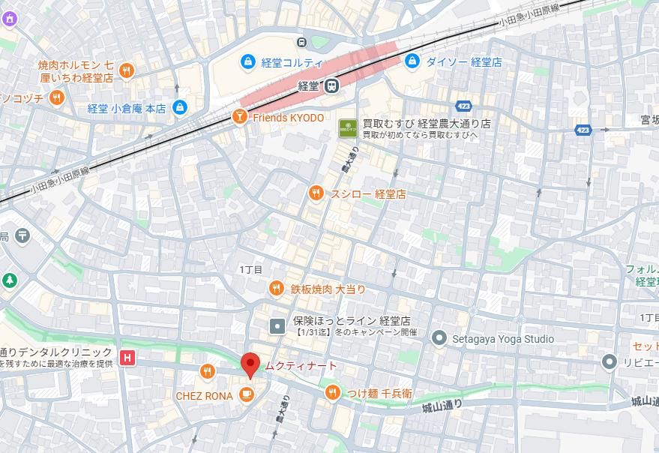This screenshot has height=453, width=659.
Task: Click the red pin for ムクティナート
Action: (250, 365)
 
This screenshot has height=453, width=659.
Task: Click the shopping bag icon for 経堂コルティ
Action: (247, 61)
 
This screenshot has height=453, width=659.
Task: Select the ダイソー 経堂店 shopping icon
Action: (412, 61)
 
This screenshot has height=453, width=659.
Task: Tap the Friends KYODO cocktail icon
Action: (238, 118)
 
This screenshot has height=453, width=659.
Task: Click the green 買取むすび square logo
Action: (347, 128)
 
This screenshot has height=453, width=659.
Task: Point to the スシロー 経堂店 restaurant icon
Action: (316, 193)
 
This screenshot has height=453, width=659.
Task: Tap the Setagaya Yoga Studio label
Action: (502, 339)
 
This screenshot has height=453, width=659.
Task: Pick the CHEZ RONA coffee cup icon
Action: (245, 394)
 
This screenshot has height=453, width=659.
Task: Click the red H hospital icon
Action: (129, 358)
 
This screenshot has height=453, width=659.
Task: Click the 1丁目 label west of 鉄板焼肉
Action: (251, 269)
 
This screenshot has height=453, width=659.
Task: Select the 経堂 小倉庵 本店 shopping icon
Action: (179, 108)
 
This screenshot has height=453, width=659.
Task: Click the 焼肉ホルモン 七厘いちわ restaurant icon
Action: (127, 71)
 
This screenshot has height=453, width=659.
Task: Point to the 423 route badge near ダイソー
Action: (463, 106)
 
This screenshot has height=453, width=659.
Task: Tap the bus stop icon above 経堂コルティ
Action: (301, 43)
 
